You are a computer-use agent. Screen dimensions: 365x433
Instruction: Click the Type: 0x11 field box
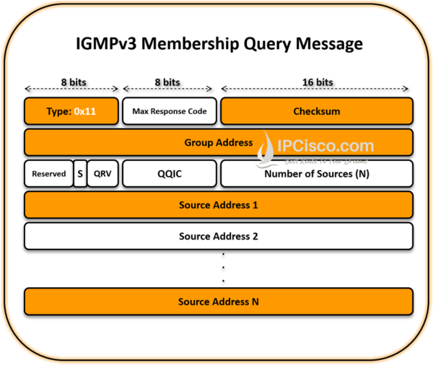[x=71, y=112]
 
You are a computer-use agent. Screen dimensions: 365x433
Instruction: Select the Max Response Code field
[x=169, y=112]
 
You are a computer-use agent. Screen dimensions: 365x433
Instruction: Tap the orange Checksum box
[x=316, y=112]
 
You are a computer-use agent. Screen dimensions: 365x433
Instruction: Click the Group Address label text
[x=218, y=143]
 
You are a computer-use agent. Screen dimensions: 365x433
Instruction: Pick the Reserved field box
[x=48, y=174]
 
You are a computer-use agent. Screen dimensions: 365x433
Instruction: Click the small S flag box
[x=79, y=174]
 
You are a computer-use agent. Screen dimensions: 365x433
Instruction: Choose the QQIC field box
[x=169, y=174]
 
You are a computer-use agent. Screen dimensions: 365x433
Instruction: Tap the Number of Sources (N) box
[x=316, y=174]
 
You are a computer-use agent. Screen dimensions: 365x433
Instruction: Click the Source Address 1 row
[x=219, y=205]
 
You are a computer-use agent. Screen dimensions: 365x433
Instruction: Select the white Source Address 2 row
[x=219, y=236]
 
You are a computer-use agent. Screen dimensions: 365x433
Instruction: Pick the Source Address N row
[x=219, y=302]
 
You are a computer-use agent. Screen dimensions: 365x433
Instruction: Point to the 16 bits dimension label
[x=316, y=82]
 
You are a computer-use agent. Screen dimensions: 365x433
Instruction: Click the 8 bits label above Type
[x=71, y=82]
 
